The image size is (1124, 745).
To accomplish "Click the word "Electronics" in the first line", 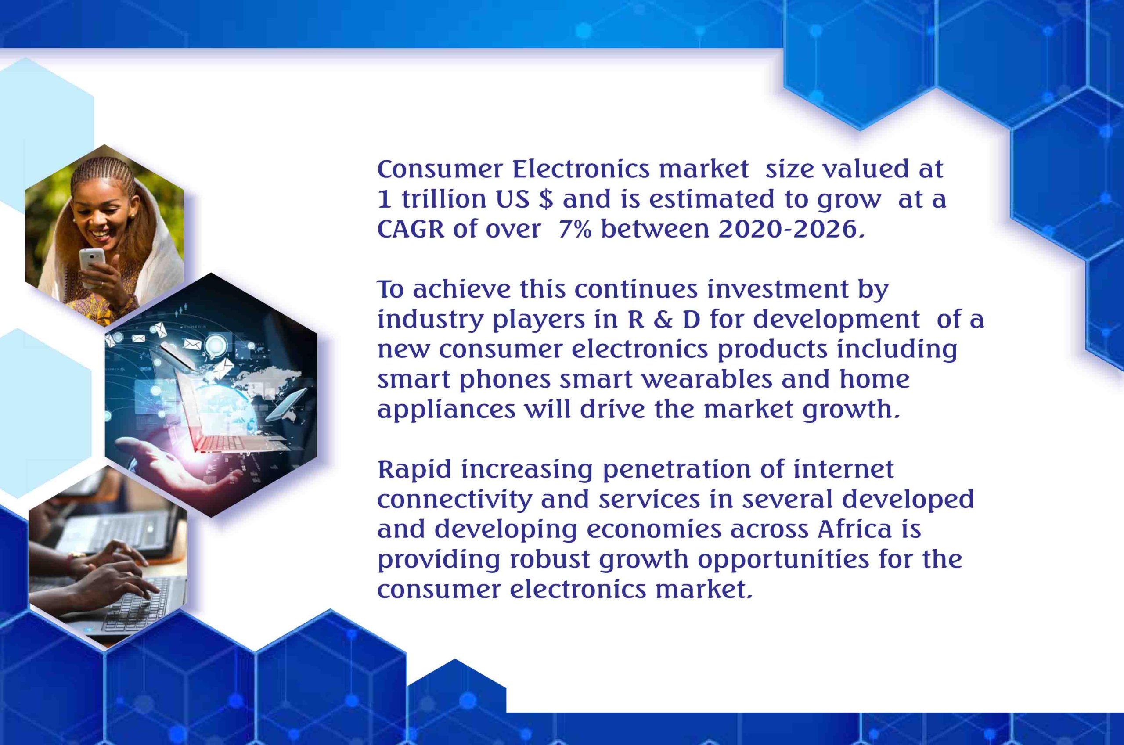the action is point(574,169).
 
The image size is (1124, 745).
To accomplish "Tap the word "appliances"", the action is point(446,410).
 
